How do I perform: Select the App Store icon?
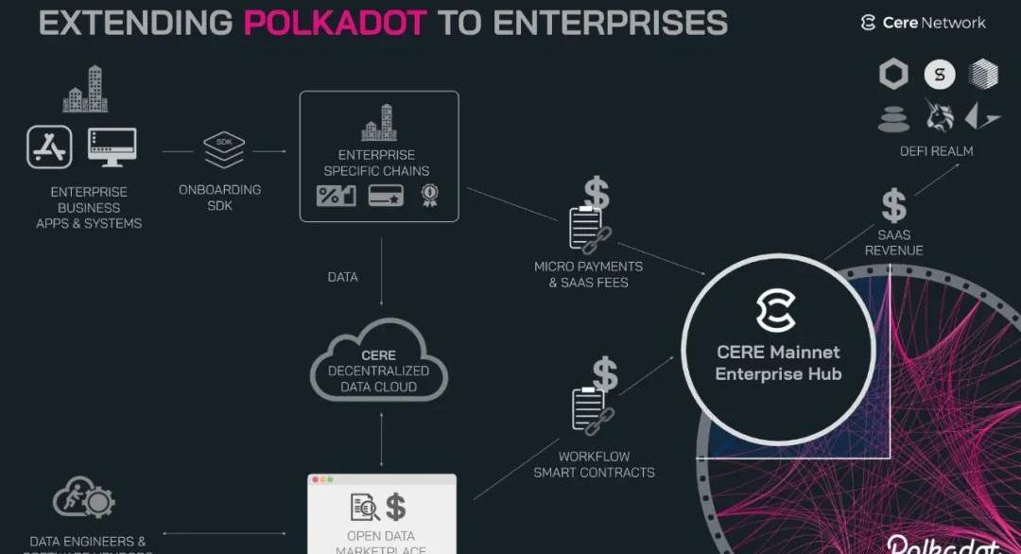coord(49,148)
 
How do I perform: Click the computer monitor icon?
coord(112,147)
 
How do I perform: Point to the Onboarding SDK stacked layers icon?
coord(224,149)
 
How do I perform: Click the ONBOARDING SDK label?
coord(219,197)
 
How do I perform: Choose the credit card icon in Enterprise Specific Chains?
coord(386,196)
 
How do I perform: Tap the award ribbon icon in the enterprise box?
coord(430,196)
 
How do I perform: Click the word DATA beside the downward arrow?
coord(343,277)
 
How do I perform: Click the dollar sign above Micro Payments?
coord(597,193)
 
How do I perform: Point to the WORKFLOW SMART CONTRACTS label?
coord(594,464)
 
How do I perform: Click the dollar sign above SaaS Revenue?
coord(893,205)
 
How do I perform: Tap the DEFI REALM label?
coord(936,150)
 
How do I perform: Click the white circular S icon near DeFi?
coord(939,75)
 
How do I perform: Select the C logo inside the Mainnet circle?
coord(776,311)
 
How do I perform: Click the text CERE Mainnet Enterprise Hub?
coord(777,363)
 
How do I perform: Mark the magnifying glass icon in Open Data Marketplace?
coord(364,508)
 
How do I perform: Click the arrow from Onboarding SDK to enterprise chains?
coord(269,150)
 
